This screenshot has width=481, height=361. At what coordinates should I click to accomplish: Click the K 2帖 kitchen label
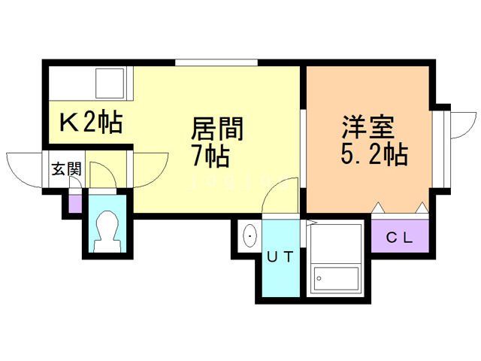(90, 121)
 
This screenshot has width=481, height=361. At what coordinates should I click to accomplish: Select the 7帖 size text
(210, 156)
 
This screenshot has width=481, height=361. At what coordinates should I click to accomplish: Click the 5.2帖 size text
(374, 155)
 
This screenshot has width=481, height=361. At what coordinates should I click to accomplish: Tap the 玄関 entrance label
(66, 168)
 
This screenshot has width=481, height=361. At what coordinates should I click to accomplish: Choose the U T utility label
(280, 256)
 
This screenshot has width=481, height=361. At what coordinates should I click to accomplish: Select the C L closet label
(399, 238)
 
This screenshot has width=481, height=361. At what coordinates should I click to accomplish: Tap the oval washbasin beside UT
(249, 238)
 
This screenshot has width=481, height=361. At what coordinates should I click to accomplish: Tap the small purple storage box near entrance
(74, 203)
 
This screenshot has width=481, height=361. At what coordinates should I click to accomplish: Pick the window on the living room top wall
(216, 62)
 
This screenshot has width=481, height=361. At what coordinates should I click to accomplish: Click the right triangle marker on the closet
(422, 207)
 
